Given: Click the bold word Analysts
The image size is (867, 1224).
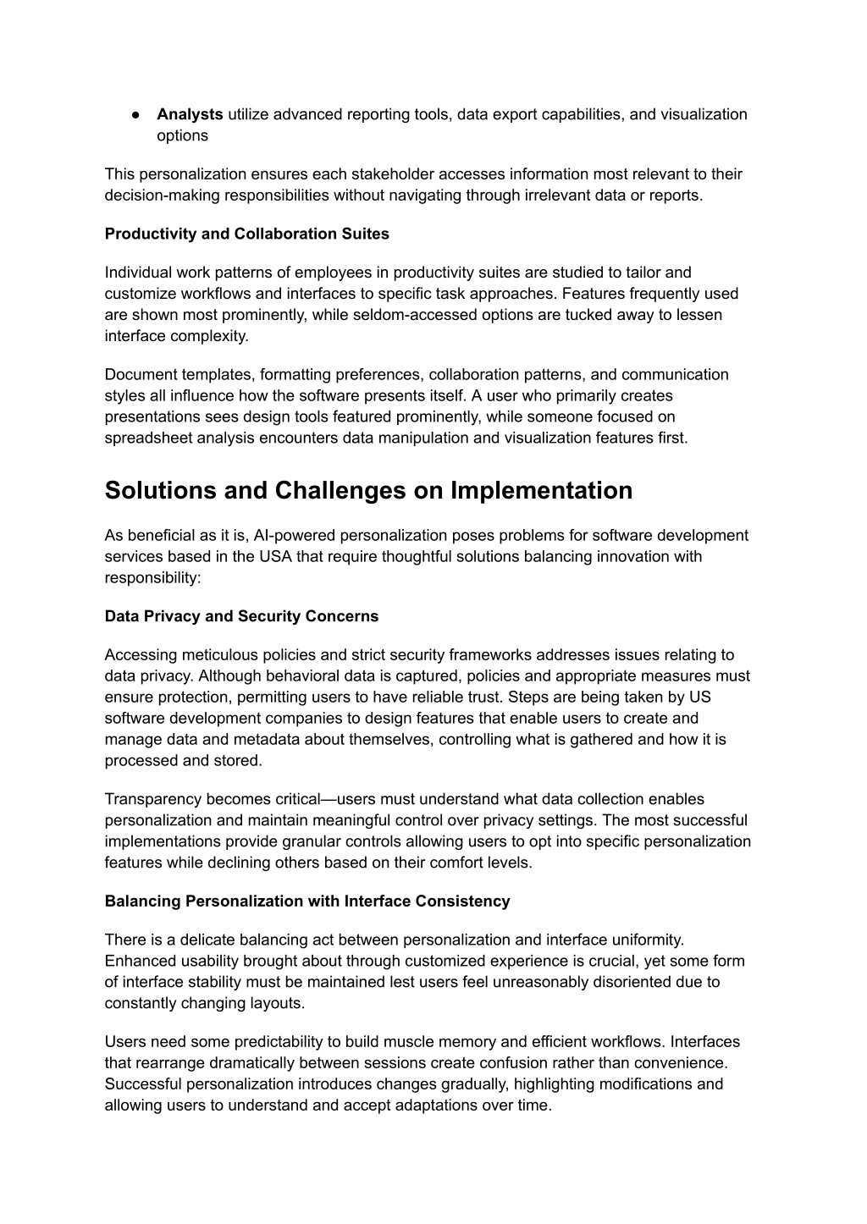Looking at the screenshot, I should click(190, 114).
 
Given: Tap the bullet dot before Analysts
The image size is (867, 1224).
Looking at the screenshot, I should click(135, 114).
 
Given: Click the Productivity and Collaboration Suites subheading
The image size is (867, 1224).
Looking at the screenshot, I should click(247, 234).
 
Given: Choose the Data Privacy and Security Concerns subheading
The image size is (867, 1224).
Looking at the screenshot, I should click(242, 616).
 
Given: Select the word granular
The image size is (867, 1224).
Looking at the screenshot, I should click(333, 841).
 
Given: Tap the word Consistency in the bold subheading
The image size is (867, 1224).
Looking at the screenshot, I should click(462, 901).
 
